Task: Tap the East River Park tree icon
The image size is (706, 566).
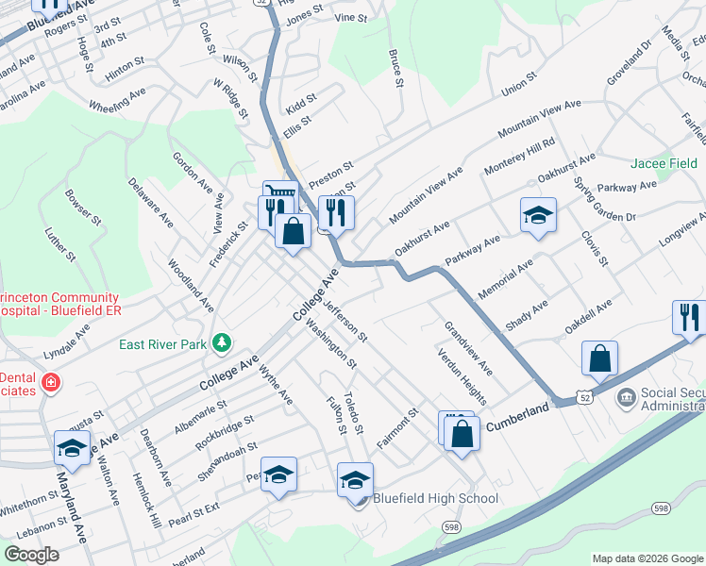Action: (222, 341)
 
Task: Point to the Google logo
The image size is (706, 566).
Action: (32, 555)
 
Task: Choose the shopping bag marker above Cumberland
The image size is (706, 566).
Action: (599, 358)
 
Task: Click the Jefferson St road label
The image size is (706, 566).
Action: (345, 320)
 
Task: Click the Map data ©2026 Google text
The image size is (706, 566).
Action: (647, 558)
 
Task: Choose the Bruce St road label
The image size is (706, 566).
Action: (396, 68)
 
